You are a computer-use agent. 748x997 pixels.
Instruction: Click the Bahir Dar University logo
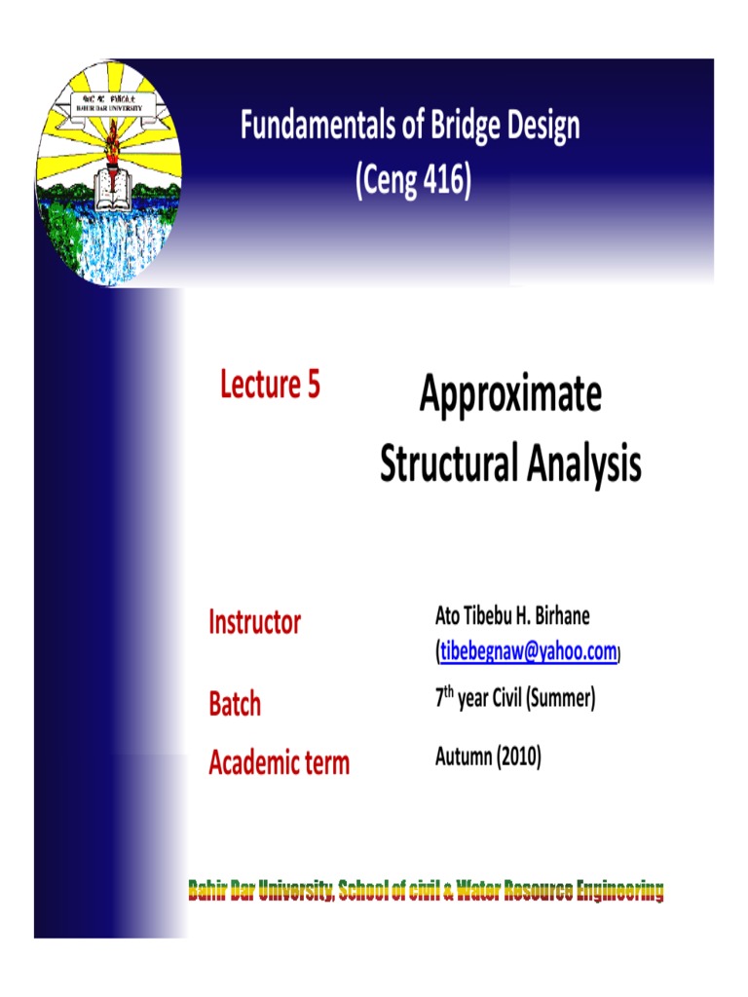click(x=108, y=172)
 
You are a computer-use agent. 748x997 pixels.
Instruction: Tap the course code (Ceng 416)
click(x=413, y=182)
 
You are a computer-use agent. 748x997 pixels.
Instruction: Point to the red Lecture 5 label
click(x=270, y=386)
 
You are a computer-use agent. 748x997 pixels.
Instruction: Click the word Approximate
click(x=510, y=395)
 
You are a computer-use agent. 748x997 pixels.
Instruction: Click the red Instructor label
click(x=255, y=622)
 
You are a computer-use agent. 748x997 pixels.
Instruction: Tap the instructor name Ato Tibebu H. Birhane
click(x=512, y=616)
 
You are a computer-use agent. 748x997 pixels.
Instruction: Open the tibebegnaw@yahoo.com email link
click(x=528, y=652)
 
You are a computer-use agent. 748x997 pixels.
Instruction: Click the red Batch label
click(x=235, y=704)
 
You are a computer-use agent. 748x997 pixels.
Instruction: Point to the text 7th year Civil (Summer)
click(x=514, y=699)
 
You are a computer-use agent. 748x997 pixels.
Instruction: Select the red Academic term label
click(x=279, y=762)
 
